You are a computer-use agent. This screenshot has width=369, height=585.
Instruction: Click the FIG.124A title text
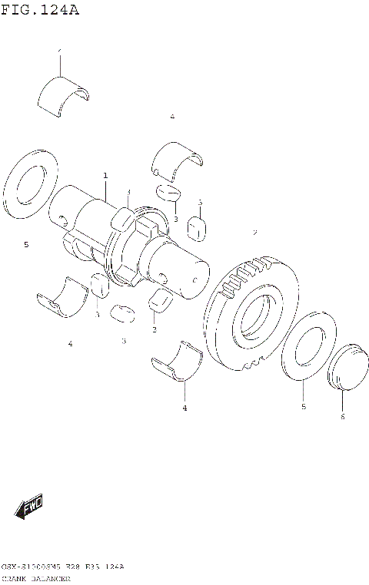point(40,10)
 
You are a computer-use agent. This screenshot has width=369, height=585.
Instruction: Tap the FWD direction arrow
point(30,507)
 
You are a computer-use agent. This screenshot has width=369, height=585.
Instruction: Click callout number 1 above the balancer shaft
point(105,176)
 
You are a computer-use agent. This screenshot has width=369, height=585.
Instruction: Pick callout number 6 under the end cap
point(342,417)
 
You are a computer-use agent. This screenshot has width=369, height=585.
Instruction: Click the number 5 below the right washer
point(303,406)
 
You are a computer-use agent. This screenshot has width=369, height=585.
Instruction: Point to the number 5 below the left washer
point(25,245)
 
